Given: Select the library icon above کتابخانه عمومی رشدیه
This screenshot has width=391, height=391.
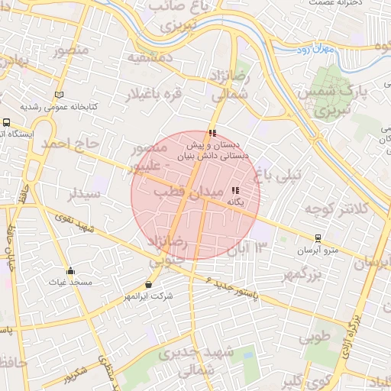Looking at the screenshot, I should click(x=60, y=94).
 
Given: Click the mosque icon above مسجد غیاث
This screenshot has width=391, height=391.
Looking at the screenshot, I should click(x=71, y=270).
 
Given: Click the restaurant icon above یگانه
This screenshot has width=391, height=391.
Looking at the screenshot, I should click(x=235, y=190).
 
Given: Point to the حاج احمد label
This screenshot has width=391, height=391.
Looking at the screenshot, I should click(x=70, y=144).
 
